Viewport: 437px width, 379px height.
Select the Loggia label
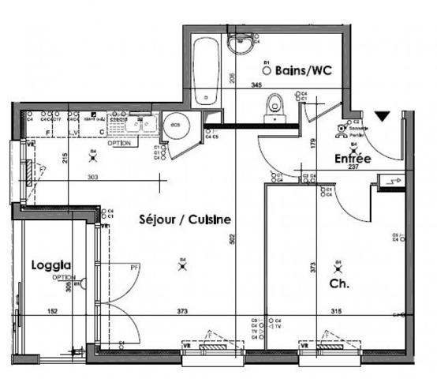(x=52, y=265)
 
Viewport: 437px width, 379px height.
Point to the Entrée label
(x=353, y=159)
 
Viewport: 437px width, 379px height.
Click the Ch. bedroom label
(x=339, y=282)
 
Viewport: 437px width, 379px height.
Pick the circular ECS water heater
(x=173, y=123)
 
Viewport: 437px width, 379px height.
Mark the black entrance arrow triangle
(x=382, y=117)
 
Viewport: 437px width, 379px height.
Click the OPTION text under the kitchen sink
(x=119, y=144)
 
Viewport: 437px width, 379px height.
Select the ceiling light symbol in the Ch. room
(x=339, y=267)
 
